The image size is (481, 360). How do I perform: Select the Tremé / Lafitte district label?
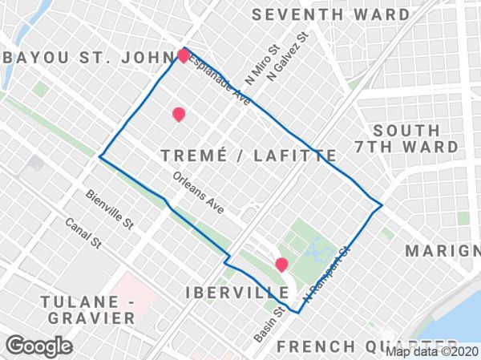pyautogui.click(x=248, y=156)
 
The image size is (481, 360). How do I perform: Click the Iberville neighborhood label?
pyautogui.click(x=236, y=290)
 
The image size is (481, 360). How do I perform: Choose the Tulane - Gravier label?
pyautogui.click(x=91, y=309)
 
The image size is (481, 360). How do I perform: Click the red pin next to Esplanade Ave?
pyautogui.click(x=184, y=55)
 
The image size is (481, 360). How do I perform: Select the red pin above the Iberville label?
pyautogui.click(x=281, y=264)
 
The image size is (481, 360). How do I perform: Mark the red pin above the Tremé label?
pyautogui.click(x=179, y=115)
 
